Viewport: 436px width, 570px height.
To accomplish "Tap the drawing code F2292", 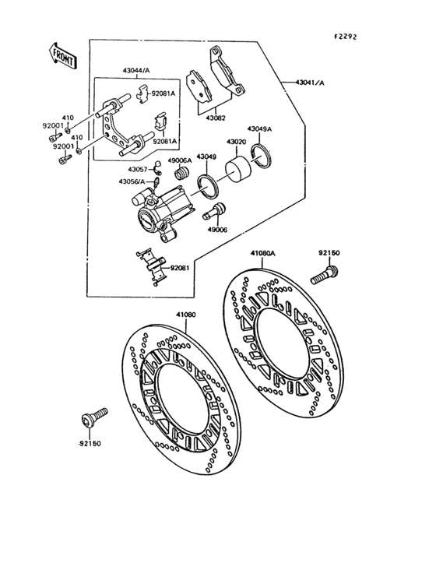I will [346, 37].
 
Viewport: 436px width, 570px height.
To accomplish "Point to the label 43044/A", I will [137, 71].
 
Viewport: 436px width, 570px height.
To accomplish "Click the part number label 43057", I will [138, 168].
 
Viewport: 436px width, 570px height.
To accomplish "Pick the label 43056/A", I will [132, 181].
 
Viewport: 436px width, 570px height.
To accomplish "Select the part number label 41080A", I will [264, 253].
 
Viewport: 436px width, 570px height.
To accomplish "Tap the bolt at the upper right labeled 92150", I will [323, 275].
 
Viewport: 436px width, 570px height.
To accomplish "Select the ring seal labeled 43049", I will [208, 185].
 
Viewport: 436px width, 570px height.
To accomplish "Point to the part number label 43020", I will [237, 142].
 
